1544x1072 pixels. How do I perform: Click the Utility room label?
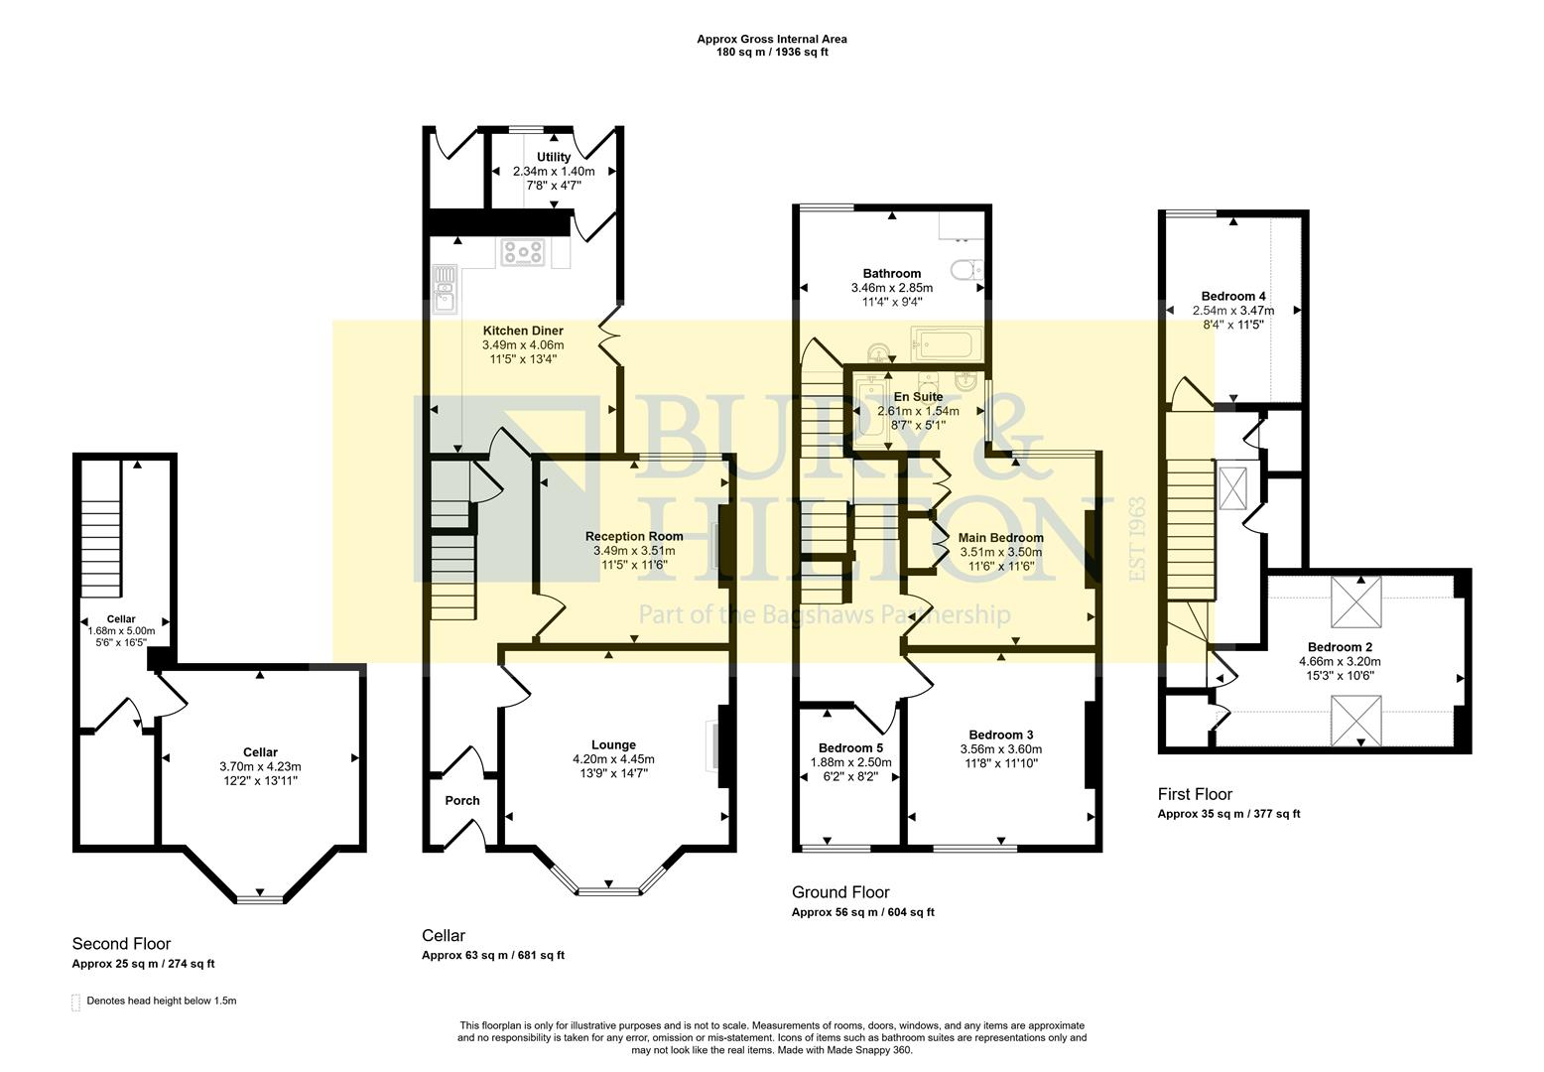tap(554, 157)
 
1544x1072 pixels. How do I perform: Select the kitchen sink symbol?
tap(443, 284)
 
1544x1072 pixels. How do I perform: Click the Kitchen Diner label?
tap(523, 331)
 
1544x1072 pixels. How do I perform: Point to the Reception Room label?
tap(633, 536)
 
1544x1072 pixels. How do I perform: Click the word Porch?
tap(461, 800)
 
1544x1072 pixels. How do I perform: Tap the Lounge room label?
tap(613, 744)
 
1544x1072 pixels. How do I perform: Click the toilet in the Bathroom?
tap(964, 269)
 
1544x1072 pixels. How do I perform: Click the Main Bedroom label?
tap(1000, 538)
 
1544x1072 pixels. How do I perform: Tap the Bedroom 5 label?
tap(850, 747)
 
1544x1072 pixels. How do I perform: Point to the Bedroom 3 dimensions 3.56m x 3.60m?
tap(1001, 748)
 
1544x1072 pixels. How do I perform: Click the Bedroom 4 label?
tap(1232, 296)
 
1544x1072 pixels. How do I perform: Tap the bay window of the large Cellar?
tap(260, 898)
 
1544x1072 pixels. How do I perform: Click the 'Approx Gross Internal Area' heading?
tap(771, 40)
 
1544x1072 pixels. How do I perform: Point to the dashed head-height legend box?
tap(76, 1003)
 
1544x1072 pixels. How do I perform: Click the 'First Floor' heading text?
tap(1195, 794)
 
